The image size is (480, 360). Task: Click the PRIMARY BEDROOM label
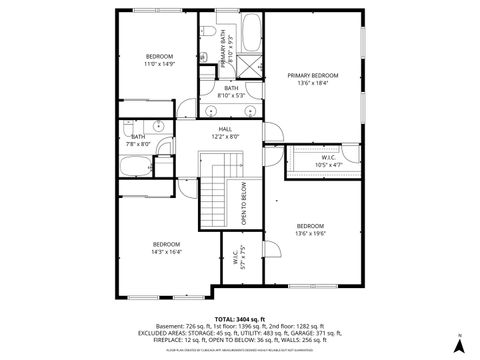[x=312, y=76]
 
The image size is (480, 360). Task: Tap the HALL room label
[x=225, y=130]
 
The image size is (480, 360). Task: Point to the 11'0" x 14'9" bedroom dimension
[x=160, y=64]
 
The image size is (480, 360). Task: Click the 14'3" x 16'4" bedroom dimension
[x=166, y=252]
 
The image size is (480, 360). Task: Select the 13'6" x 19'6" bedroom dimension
[x=311, y=236]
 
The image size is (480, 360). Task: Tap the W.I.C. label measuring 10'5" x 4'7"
[x=328, y=157]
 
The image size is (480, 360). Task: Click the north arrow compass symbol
[x=459, y=345]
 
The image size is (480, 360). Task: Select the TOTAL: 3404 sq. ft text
[x=240, y=317]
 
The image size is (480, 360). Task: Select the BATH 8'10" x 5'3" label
[x=231, y=92]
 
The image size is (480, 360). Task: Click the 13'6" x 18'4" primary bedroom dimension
[x=312, y=84]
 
